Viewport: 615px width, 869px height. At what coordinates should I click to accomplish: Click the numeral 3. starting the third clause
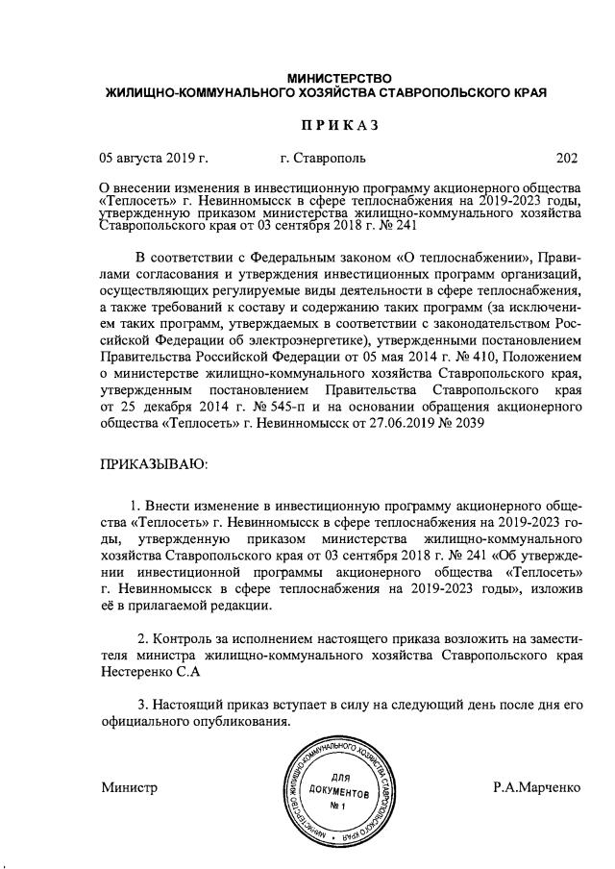pos(144,705)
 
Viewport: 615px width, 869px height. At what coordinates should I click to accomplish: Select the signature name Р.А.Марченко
pos(537,787)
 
